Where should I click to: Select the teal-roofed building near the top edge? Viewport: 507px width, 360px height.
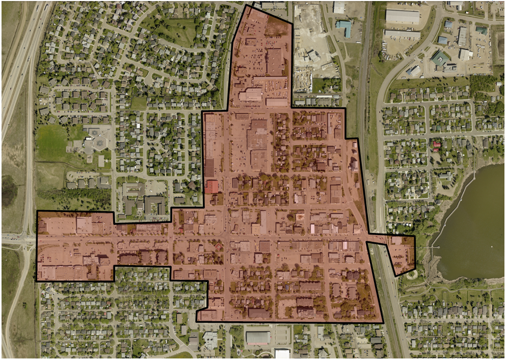344,27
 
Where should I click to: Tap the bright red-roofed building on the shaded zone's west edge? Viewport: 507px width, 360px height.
212,187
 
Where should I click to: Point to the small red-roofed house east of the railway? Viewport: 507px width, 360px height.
436,144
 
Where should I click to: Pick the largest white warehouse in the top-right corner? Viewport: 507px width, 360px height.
402,16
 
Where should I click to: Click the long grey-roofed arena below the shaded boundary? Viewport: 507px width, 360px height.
258,337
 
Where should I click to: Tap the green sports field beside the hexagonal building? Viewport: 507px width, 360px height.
52,143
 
